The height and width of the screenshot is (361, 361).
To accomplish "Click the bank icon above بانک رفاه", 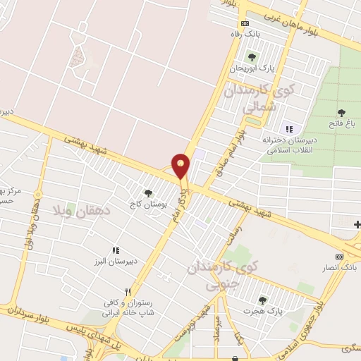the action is click(244, 23).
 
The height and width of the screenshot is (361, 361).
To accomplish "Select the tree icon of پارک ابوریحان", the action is click(252, 57).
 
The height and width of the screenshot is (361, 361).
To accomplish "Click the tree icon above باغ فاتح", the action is click(342, 113).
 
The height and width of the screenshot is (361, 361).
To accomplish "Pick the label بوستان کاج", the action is click(147, 204).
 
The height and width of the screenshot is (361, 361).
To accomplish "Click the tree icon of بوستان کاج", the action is click(147, 192).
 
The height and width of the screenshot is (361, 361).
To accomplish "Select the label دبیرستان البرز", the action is click(116, 262).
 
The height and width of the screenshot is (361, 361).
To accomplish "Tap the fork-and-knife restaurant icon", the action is click(128, 291).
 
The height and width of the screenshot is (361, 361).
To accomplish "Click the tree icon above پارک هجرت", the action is click(262, 300).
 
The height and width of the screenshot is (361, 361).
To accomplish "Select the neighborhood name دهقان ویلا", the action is click(78, 211).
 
